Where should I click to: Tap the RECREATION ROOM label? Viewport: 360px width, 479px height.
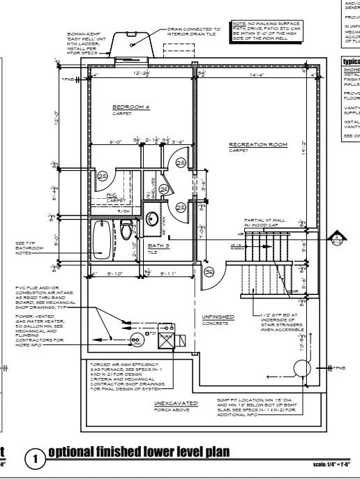(258, 146)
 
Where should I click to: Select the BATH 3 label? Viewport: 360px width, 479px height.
(159, 245)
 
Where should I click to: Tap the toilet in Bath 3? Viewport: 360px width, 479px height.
(126, 231)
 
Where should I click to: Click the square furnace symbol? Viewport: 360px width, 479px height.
(167, 340)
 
